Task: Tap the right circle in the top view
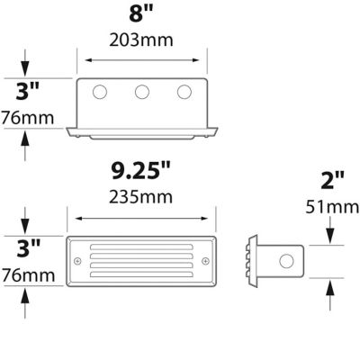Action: (x=184, y=92)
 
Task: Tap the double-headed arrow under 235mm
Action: (x=144, y=217)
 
